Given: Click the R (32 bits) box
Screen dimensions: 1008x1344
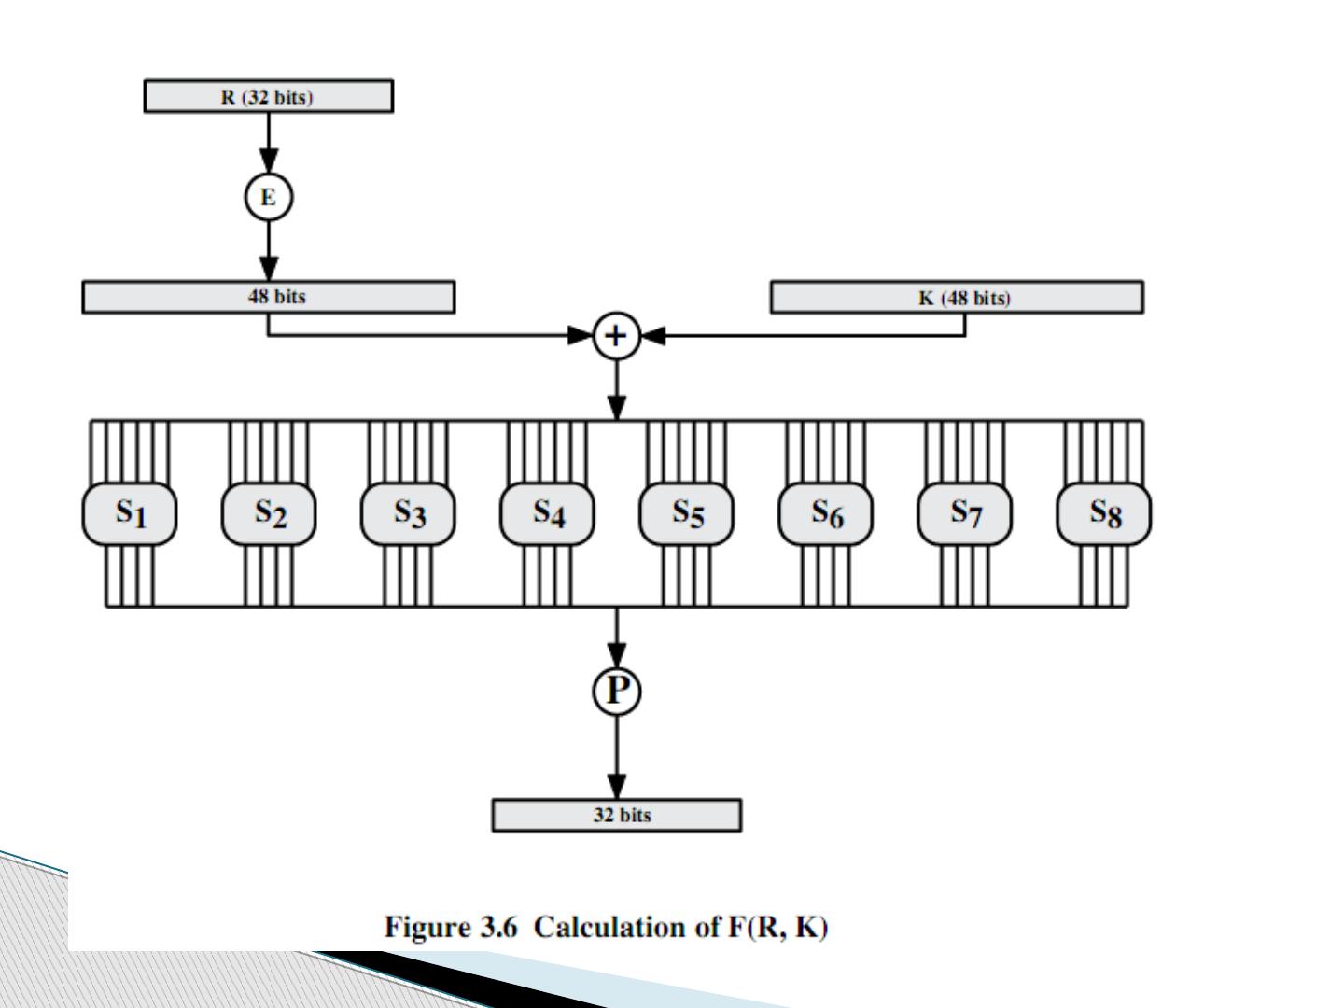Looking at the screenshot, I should [268, 96].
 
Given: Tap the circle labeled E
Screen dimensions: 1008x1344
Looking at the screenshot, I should [268, 198].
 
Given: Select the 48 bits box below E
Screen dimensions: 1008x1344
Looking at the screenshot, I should [269, 297].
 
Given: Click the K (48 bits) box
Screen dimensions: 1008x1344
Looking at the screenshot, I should [956, 298].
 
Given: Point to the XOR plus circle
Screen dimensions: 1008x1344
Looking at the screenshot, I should [616, 336].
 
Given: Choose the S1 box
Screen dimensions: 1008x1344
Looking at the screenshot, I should [130, 513].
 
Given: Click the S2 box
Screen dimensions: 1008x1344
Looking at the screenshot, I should [269, 513].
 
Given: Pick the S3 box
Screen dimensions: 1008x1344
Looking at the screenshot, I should [408, 513].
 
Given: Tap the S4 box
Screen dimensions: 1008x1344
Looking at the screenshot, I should [547, 513].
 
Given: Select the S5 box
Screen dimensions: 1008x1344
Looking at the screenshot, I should [686, 513].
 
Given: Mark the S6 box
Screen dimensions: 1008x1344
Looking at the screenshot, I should [825, 513].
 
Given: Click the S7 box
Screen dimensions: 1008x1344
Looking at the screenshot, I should [964, 513].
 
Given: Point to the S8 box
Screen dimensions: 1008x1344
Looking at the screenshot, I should [1103, 513].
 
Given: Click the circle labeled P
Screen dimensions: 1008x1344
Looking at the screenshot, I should [616, 691].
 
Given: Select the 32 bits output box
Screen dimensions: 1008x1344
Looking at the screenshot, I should [616, 815].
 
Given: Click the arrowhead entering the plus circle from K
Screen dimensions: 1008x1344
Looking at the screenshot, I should [652, 336].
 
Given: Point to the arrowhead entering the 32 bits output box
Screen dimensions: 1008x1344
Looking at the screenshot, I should [616, 787].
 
